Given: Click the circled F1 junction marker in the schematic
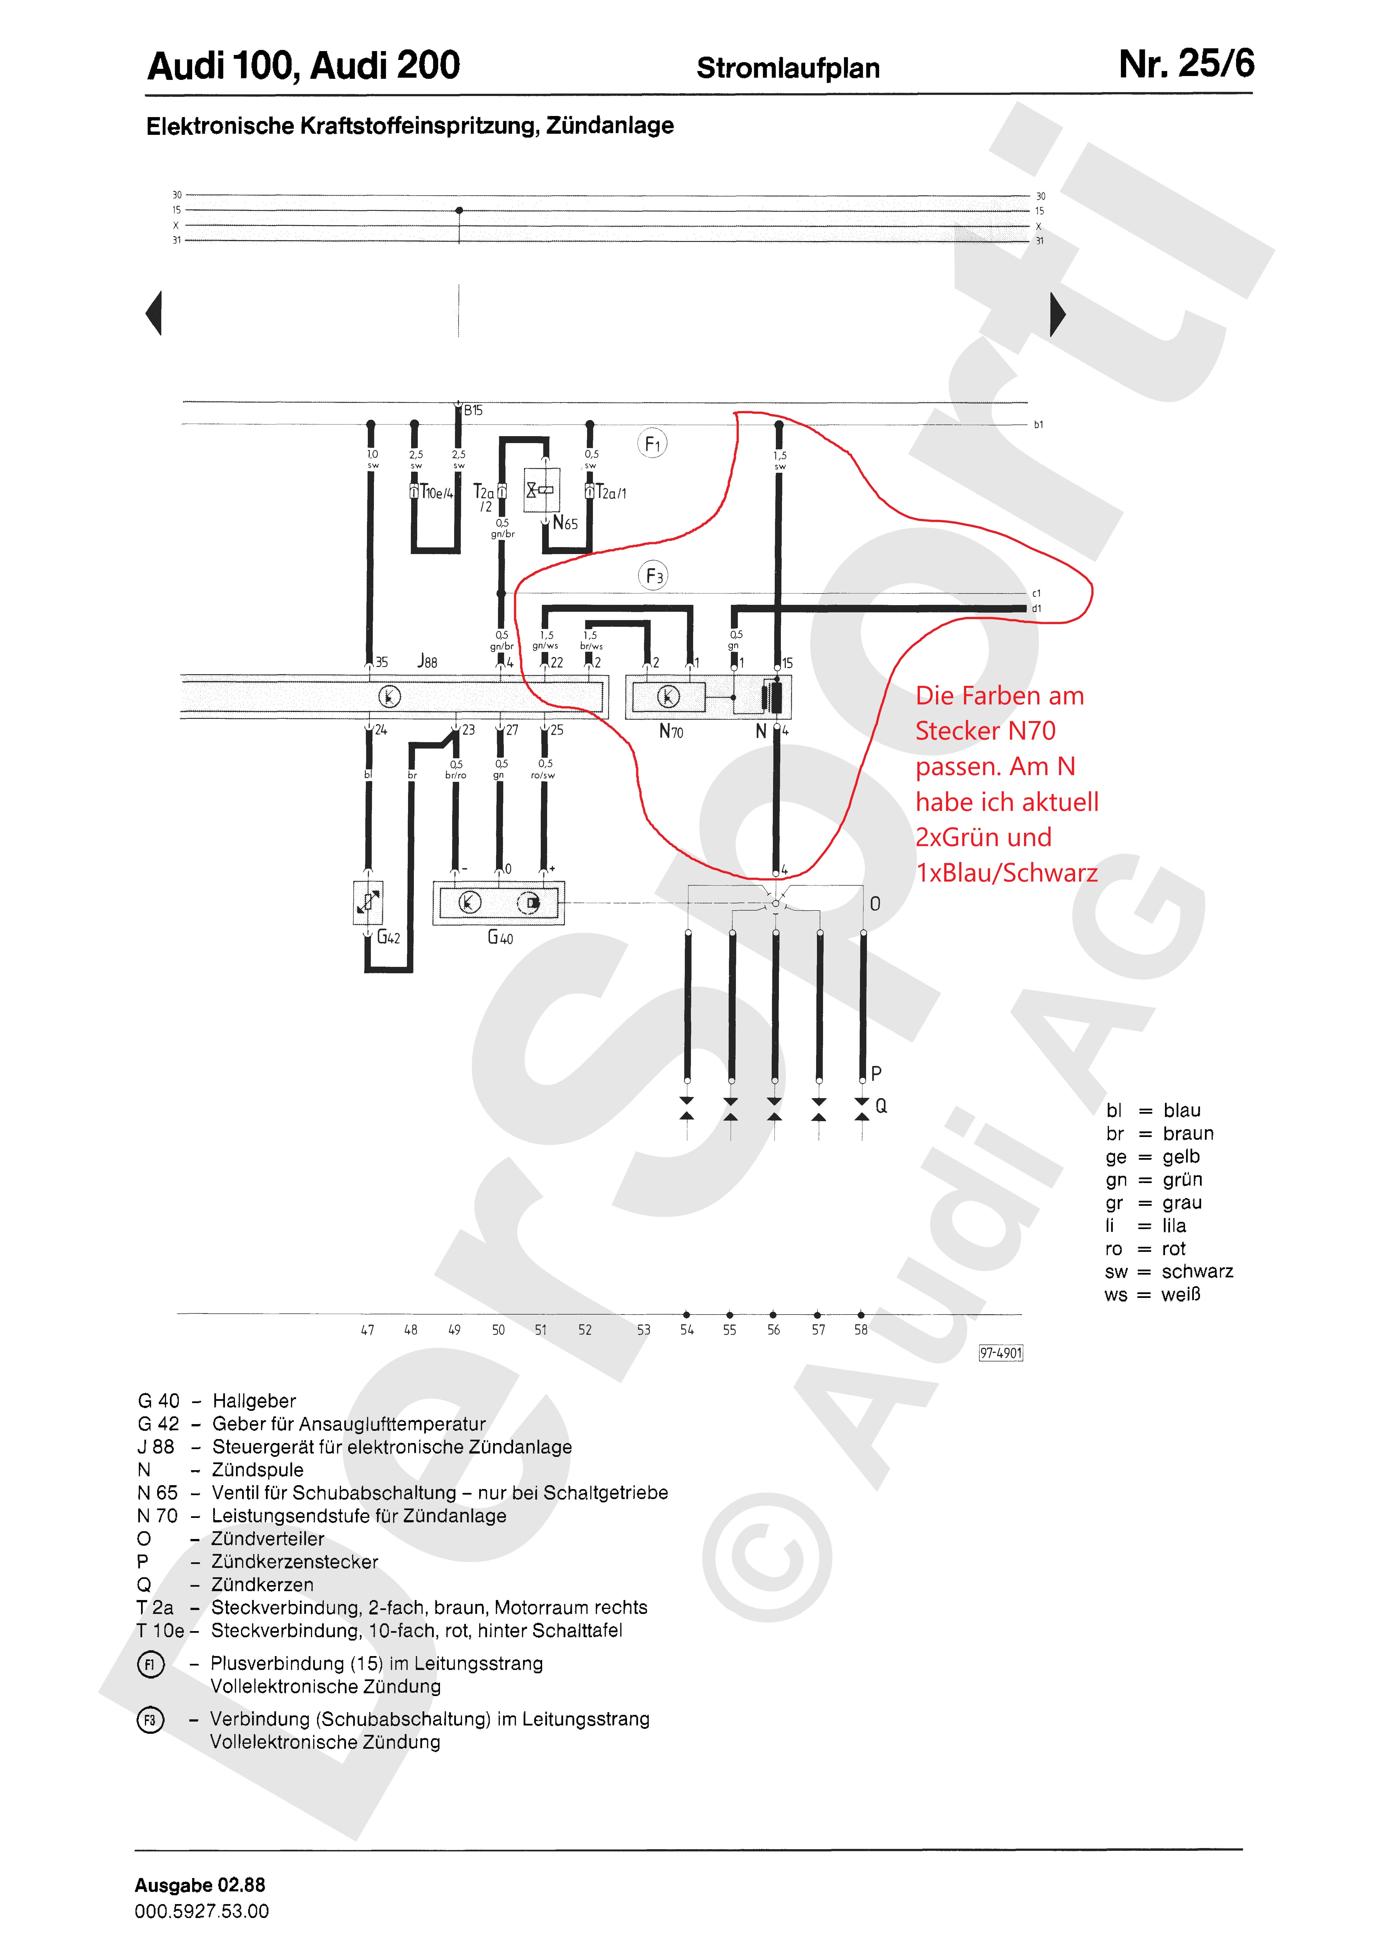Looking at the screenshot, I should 652,443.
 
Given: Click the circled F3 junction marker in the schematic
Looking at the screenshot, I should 653,576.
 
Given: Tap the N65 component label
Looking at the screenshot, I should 565,523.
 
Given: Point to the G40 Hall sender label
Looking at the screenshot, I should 500,937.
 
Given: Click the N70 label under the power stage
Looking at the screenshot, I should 671,731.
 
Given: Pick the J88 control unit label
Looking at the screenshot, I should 427,661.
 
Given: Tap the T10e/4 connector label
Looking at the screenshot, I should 437,493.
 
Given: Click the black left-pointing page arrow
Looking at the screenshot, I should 154,313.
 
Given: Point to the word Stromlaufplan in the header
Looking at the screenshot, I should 788,68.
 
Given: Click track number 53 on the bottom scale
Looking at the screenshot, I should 643,1329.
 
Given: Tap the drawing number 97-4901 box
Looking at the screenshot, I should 1000,1353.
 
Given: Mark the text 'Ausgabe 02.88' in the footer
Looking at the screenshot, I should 200,1884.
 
